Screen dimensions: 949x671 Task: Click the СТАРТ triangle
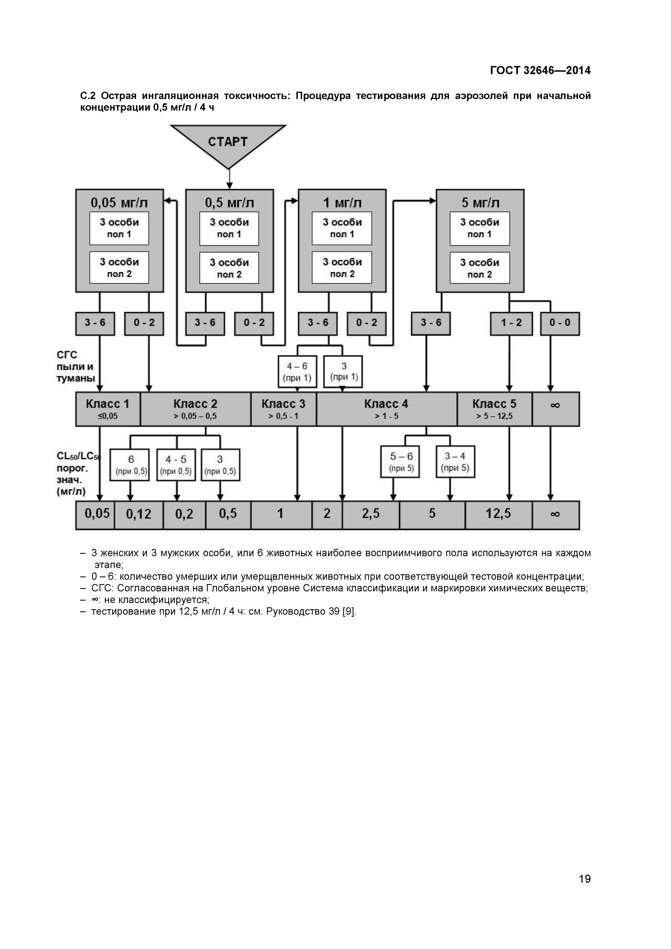(228, 143)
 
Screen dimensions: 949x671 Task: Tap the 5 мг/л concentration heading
(480, 203)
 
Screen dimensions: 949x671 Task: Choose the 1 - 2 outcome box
(511, 323)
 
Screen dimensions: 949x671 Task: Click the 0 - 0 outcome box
(560, 323)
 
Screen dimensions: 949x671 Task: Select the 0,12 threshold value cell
(138, 515)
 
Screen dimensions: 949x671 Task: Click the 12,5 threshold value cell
(498, 515)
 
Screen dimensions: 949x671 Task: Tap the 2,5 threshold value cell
(371, 515)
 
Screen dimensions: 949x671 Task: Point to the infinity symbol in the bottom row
(555, 515)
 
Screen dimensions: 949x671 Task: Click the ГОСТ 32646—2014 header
(540, 70)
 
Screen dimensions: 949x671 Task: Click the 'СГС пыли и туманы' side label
(75, 367)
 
